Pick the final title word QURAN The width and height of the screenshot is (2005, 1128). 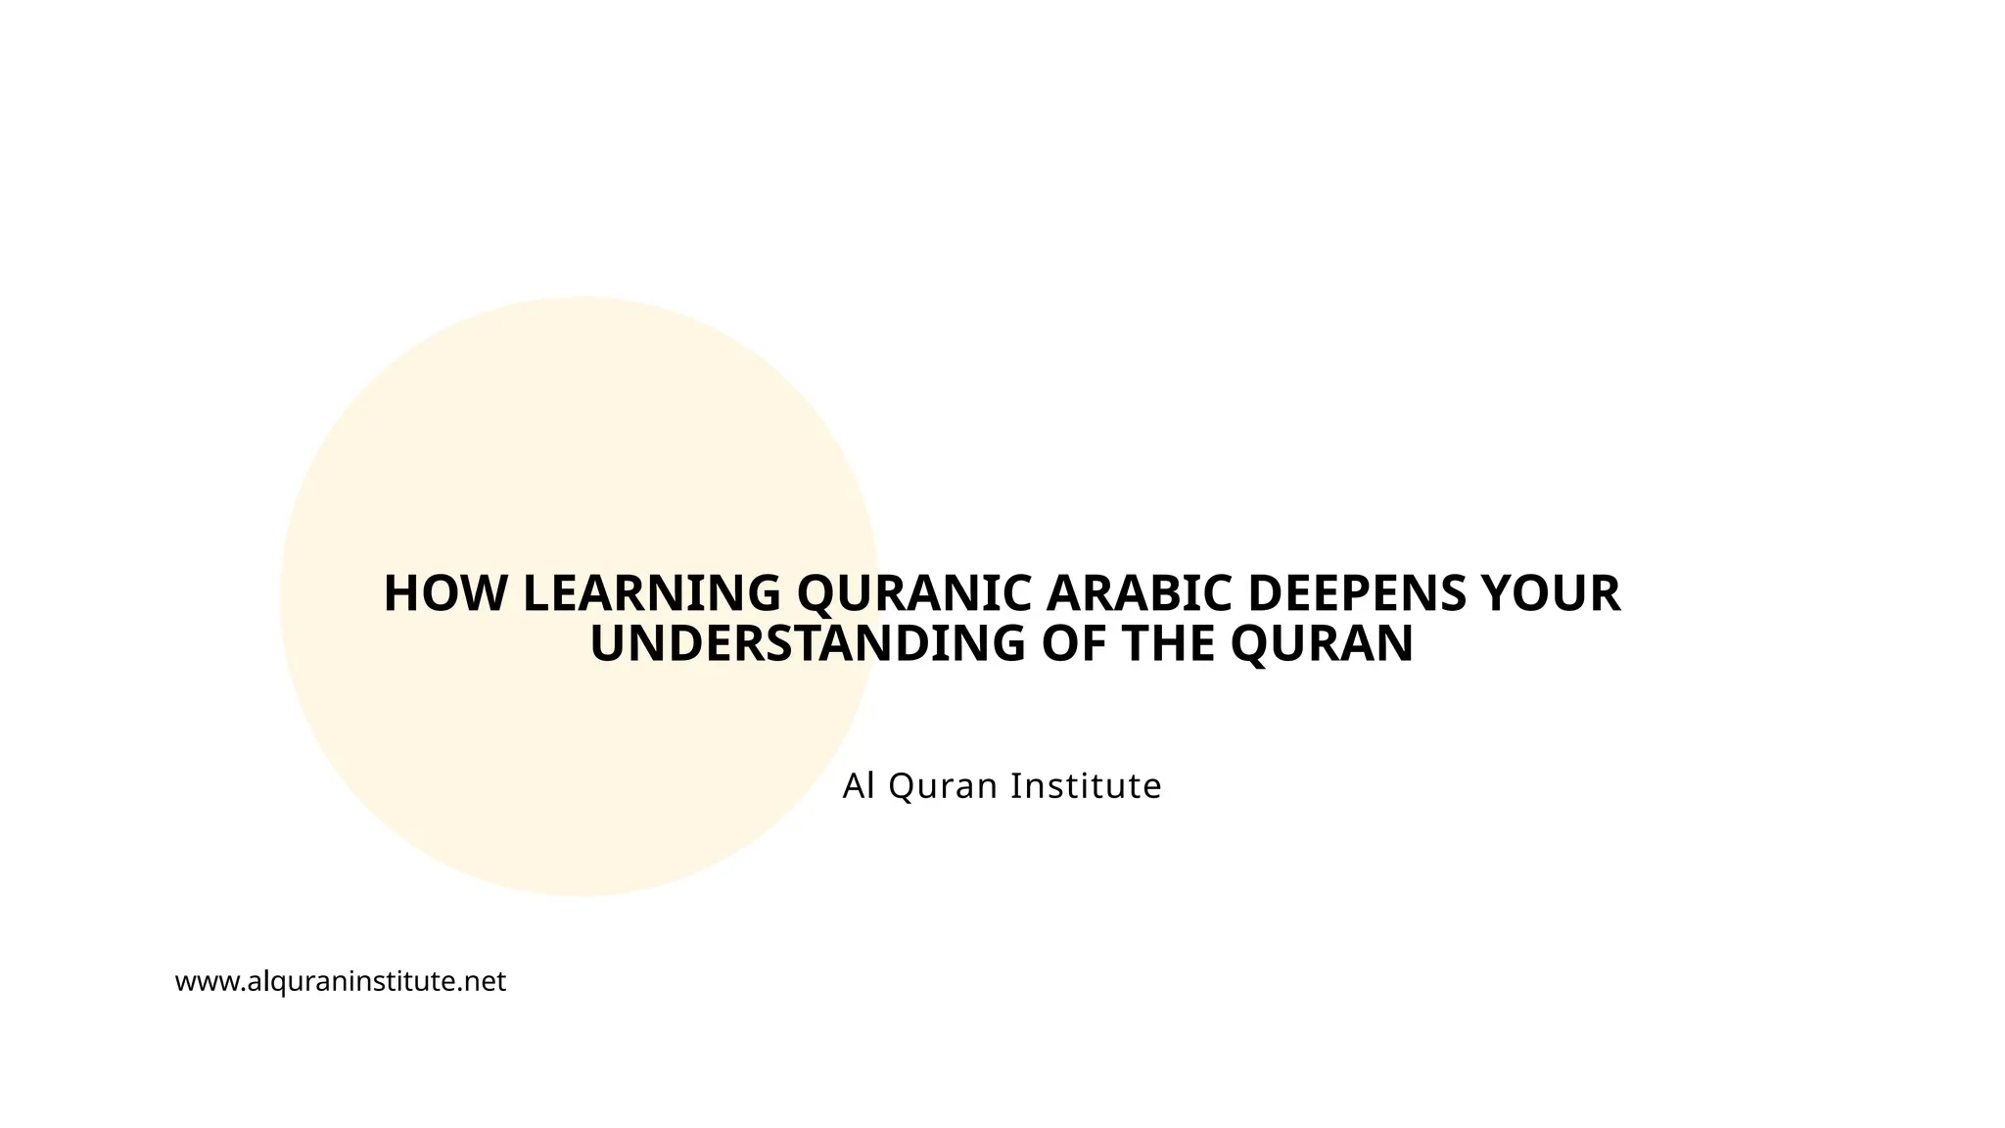tap(1322, 644)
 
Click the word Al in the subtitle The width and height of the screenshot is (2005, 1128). tap(858, 785)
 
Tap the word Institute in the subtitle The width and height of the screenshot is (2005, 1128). tap(1086, 785)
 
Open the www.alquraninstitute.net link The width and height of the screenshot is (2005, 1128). tap(340, 981)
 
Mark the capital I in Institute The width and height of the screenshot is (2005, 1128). tap(1014, 785)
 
